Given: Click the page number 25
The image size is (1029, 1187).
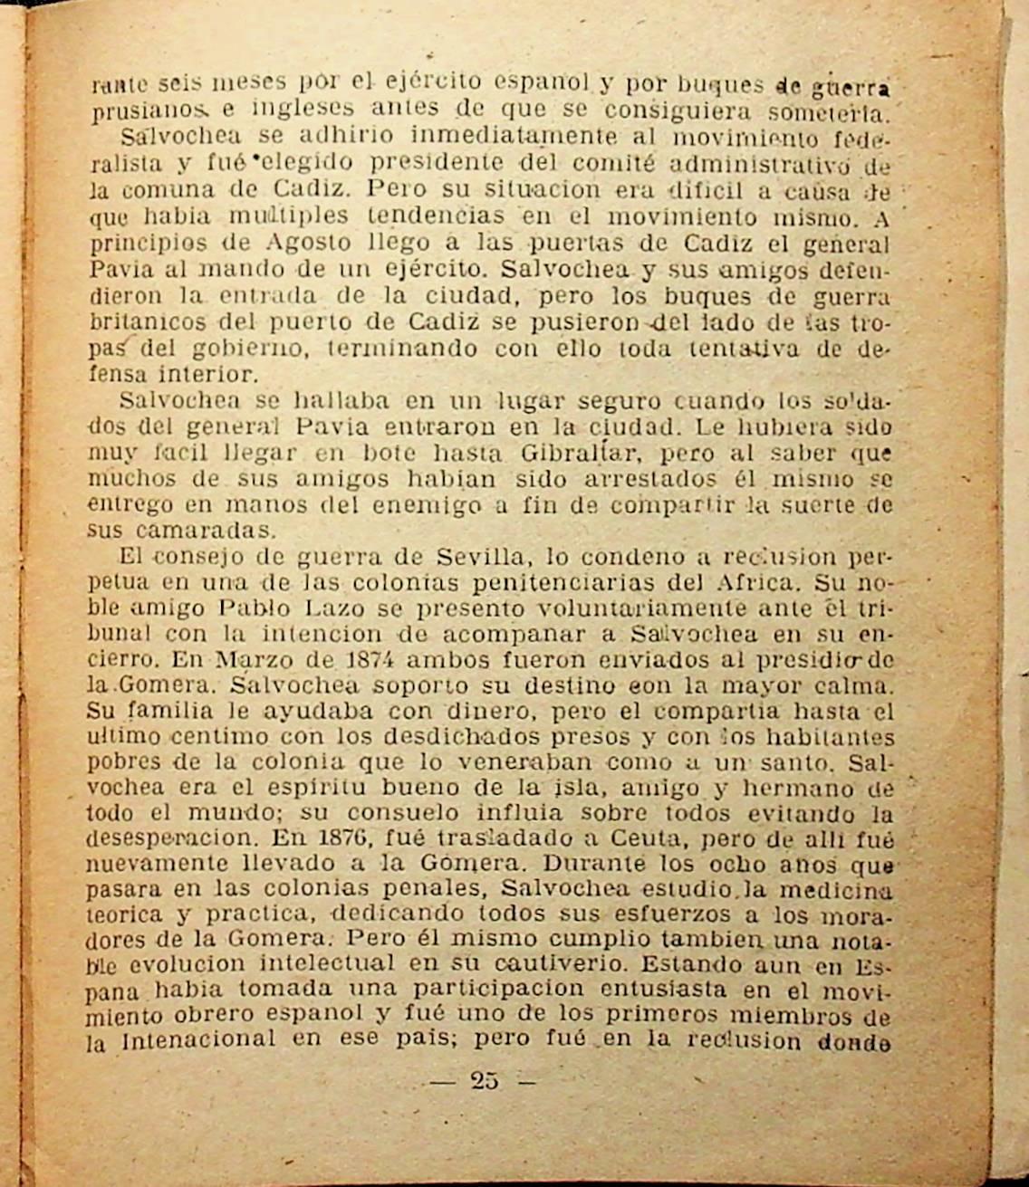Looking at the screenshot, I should (485, 1079).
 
